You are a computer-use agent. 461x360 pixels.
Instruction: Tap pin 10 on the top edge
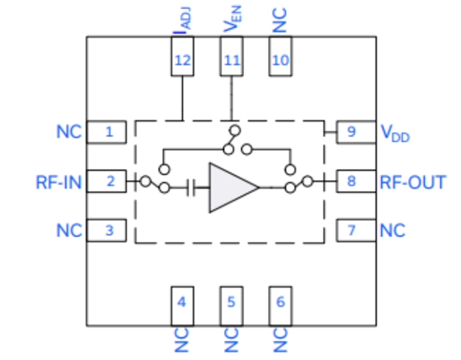[x=280, y=57]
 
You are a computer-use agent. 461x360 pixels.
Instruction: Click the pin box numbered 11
[x=230, y=57]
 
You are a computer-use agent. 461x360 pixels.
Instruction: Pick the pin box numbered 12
[x=182, y=57]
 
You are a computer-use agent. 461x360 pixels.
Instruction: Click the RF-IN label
[x=58, y=181]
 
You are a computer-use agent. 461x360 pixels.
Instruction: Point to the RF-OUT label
[x=413, y=181]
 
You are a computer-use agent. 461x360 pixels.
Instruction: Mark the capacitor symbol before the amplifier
[x=191, y=188]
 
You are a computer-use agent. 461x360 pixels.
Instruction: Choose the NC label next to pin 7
[x=393, y=230]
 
